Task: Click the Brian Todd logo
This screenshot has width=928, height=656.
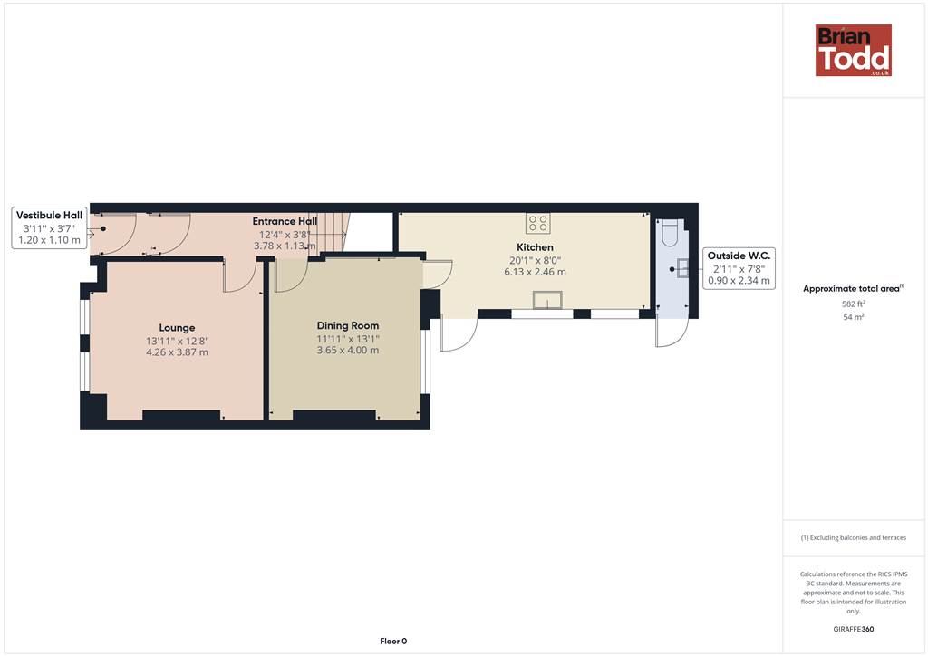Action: point(854,50)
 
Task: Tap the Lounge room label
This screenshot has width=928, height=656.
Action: point(177,328)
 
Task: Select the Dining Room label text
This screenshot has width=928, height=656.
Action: point(348,325)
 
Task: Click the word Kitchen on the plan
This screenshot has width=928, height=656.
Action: point(535,247)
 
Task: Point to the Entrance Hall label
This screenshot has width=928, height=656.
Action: point(285,221)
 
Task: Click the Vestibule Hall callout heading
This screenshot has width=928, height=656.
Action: point(49,216)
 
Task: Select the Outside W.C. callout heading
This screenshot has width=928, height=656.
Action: point(739,256)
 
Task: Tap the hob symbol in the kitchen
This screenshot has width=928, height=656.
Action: point(538,223)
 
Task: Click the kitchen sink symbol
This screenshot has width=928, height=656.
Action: point(547,300)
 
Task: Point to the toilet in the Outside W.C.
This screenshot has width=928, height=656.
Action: point(670,233)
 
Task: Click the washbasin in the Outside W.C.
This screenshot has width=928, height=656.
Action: point(683,268)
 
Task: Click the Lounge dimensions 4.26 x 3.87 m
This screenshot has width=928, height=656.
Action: point(177,352)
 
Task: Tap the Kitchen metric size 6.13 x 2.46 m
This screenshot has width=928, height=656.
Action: point(535,272)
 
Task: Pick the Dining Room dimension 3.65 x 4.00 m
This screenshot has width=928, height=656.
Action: point(348,350)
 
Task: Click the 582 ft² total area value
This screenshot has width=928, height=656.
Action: point(854,304)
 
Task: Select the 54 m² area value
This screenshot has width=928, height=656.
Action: point(854,317)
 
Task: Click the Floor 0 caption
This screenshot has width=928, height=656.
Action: point(393,642)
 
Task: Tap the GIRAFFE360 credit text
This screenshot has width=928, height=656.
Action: point(854,629)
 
